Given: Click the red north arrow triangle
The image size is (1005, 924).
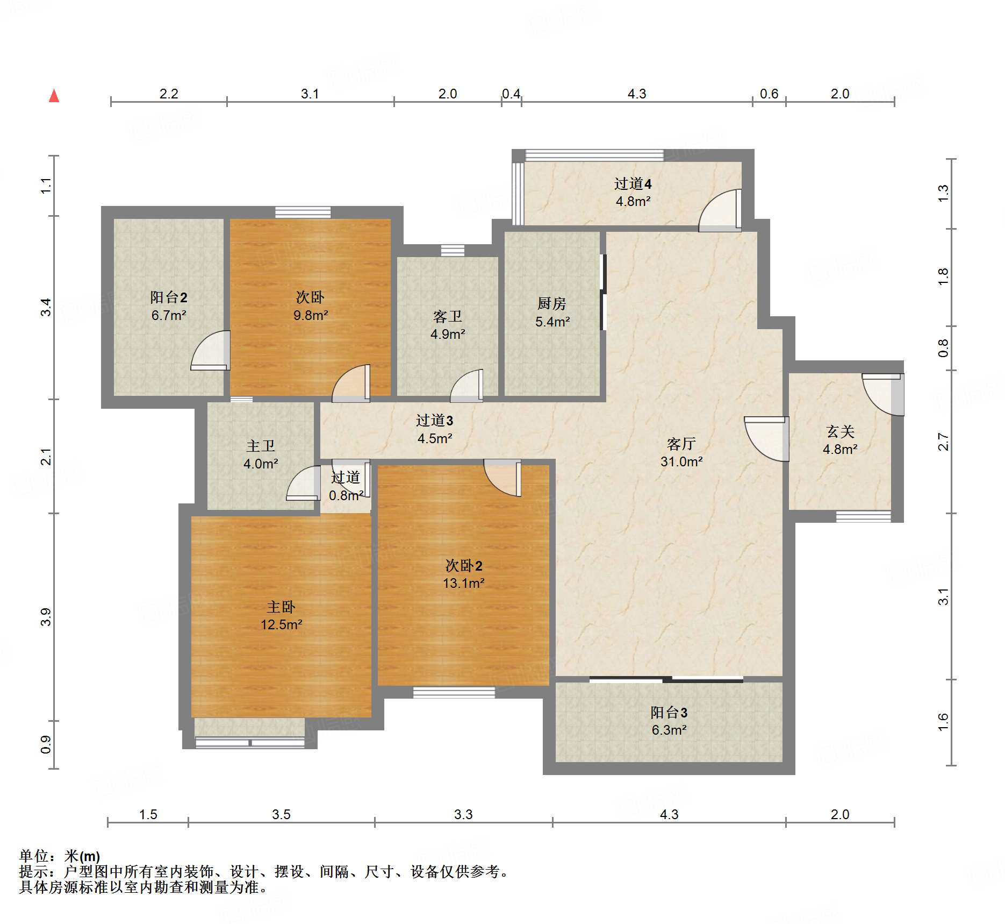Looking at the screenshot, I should [x=54, y=96].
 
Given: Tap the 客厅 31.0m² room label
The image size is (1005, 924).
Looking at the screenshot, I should [x=681, y=452].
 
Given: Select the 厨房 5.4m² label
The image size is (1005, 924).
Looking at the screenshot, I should [x=552, y=312].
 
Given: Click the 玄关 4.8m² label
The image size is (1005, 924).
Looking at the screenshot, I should [x=840, y=440].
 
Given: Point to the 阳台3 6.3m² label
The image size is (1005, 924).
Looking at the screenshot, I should [x=669, y=721].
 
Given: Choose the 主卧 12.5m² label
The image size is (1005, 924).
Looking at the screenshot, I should [x=281, y=615].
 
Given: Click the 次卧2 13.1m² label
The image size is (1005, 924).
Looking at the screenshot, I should [x=463, y=574].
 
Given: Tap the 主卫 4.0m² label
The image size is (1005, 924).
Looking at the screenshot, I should [x=261, y=454].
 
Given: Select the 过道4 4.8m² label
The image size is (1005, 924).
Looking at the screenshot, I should [x=633, y=192].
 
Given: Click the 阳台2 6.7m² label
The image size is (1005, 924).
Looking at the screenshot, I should [x=168, y=306].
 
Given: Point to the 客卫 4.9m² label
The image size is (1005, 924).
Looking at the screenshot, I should [x=447, y=325].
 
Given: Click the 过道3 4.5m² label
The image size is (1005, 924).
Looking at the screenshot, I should [x=434, y=429].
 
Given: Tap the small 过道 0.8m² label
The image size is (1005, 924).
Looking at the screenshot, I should [x=346, y=486].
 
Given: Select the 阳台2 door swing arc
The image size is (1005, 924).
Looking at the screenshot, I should [x=211, y=351].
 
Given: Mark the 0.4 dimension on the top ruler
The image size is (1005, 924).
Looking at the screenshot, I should [x=511, y=94].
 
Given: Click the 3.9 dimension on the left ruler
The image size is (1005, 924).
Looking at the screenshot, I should [x=46, y=617].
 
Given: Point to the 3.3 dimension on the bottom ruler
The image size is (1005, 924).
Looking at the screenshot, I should [x=463, y=814].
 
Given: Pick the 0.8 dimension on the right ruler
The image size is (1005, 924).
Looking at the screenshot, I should [x=943, y=348].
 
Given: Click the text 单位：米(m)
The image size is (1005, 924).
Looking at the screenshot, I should [x=60, y=856].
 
